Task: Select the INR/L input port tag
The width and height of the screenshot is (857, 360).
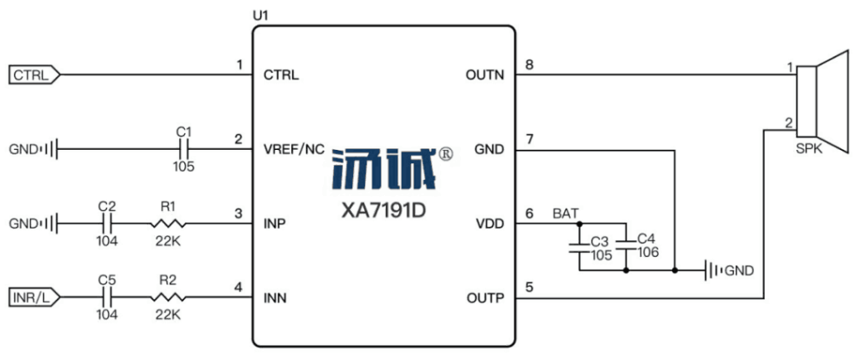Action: coord(34,298)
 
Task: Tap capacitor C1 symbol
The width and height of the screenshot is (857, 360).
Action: coord(184,149)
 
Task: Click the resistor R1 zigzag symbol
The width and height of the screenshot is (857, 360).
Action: coord(167,224)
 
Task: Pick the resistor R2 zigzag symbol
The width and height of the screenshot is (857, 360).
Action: coord(167,298)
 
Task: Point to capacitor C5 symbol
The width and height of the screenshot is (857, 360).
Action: coord(107,298)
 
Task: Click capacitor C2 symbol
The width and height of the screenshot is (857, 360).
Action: coord(107,224)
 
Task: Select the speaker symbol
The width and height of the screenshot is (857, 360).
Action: coord(822,102)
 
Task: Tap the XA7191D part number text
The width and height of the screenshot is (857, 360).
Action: coord(382,211)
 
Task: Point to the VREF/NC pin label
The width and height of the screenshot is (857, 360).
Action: coord(294,149)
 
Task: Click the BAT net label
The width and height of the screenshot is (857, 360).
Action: coord(565,213)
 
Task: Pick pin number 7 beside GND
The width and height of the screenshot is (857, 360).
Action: coord(529,140)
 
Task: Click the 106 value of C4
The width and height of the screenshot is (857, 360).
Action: coord(649,252)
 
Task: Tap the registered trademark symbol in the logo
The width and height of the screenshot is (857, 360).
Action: coord(445,156)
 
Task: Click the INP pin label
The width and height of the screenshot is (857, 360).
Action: coord(275,224)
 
